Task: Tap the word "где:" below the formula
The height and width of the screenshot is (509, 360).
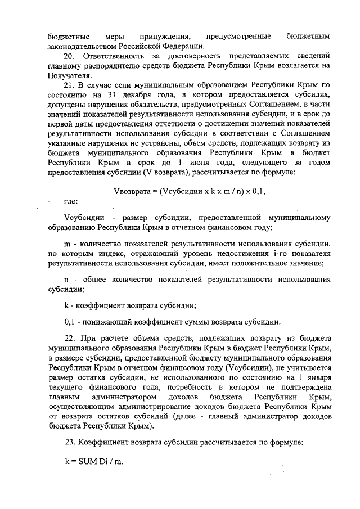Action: [71, 201]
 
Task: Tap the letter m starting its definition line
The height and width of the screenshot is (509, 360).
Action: [66, 243]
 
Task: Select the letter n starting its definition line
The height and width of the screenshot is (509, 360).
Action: [66, 280]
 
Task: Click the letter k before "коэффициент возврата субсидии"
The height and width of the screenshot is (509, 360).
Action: [66, 306]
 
